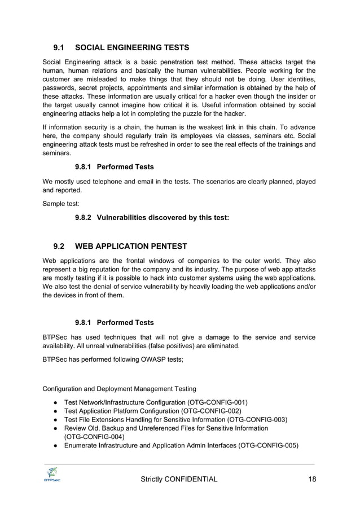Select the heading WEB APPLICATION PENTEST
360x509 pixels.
tap(130, 246)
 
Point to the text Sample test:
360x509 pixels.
tap(61, 203)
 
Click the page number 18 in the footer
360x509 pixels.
tap(311, 479)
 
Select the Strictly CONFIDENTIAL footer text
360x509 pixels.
tap(179, 479)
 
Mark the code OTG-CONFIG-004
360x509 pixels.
tap(94, 437)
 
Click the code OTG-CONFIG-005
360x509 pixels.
tap(268, 446)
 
